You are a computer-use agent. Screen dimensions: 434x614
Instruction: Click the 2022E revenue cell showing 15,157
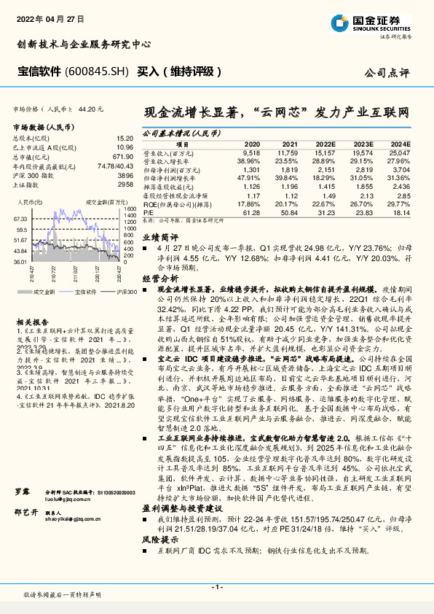click(325, 154)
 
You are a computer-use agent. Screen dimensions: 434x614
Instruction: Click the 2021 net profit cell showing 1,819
click(289, 168)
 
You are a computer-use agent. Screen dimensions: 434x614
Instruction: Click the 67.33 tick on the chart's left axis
click(20, 219)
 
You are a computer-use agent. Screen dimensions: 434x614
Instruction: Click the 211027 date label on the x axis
click(73, 271)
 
